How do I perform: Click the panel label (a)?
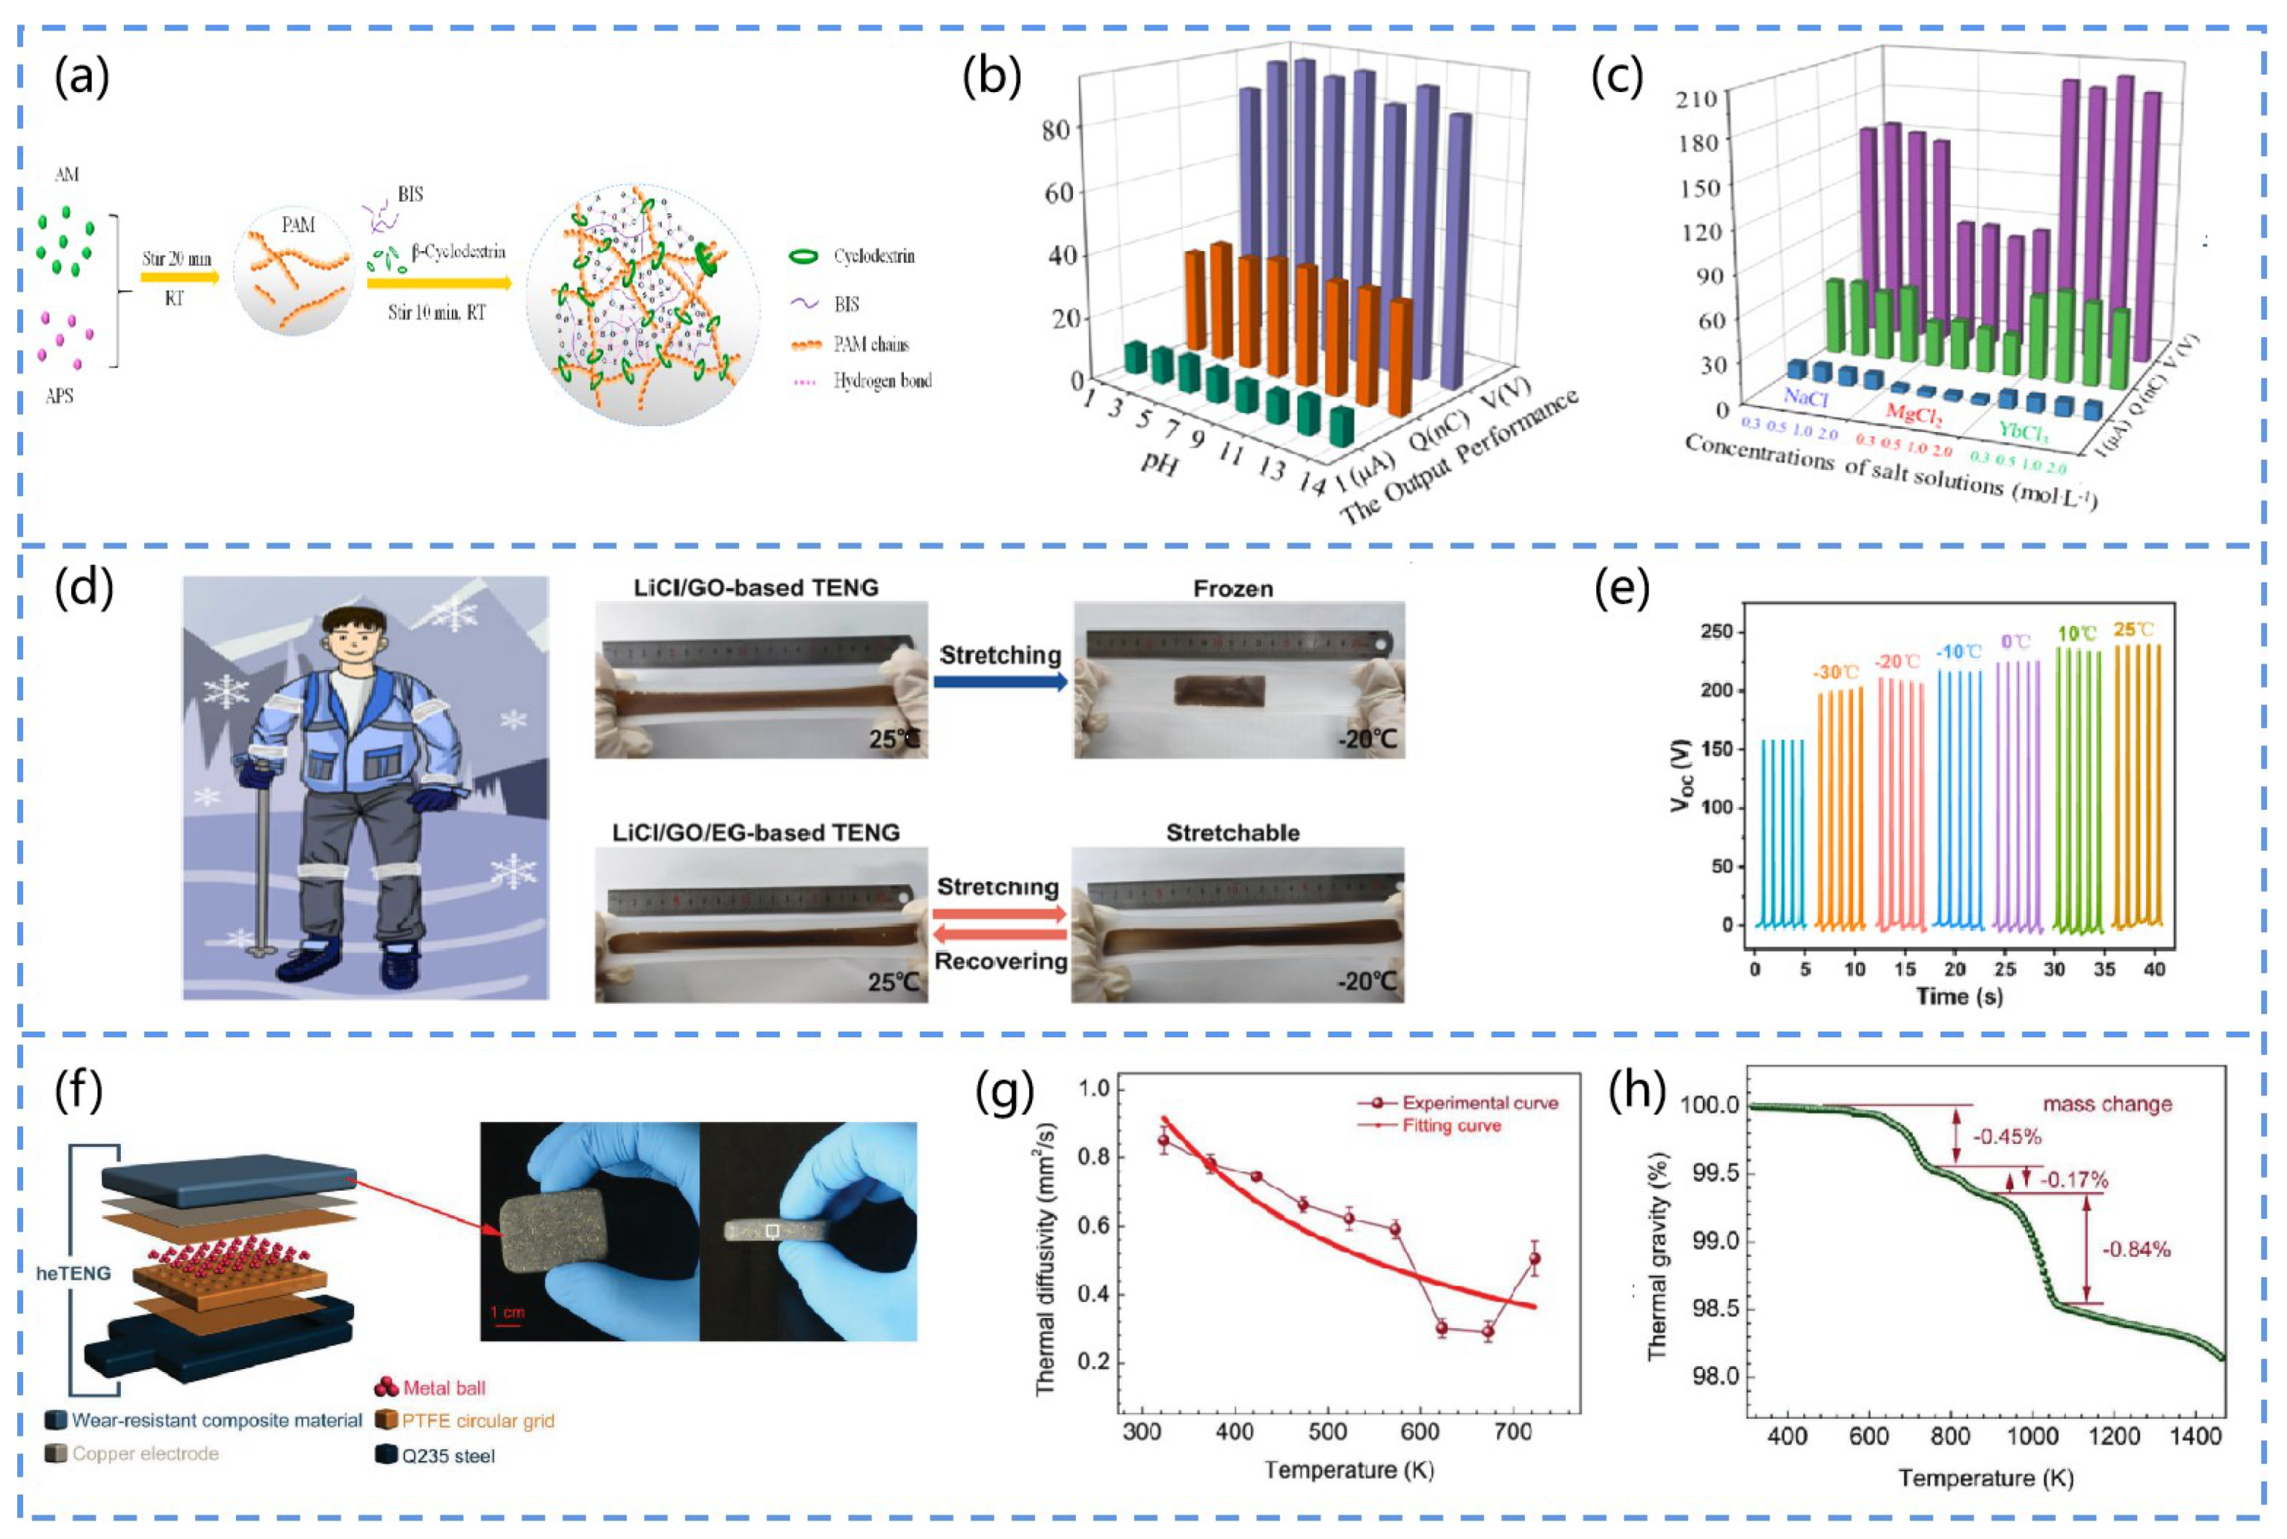81,76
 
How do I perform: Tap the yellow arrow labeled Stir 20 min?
178,278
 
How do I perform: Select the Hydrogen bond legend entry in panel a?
881,381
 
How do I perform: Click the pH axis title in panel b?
1159,461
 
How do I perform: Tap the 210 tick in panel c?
1695,98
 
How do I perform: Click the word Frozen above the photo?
1232,589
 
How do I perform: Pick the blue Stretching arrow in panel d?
999,681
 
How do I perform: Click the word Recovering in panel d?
1000,961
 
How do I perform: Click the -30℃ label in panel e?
1834,672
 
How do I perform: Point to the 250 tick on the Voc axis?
1716,631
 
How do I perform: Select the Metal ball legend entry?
443,1388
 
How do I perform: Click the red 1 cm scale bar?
507,1327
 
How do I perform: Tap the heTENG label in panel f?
73,1273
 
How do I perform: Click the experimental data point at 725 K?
1534,1258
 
